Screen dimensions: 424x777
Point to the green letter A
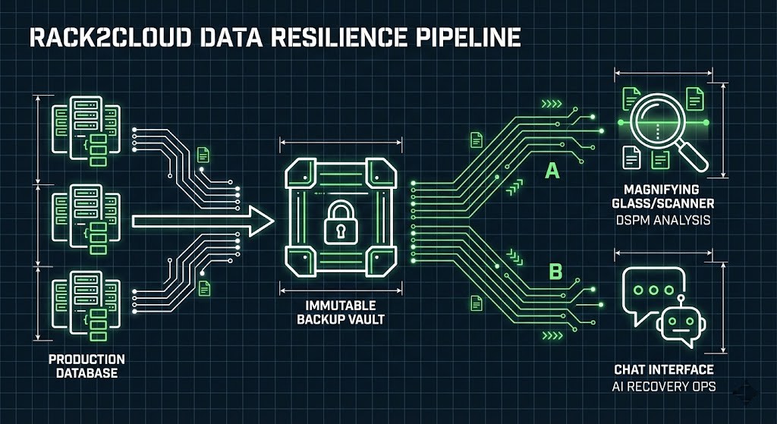tap(552, 171)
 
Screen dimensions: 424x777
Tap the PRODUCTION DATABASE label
tap(87, 366)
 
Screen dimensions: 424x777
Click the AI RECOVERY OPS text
tap(664, 387)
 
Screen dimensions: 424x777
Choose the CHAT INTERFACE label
tap(664, 370)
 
